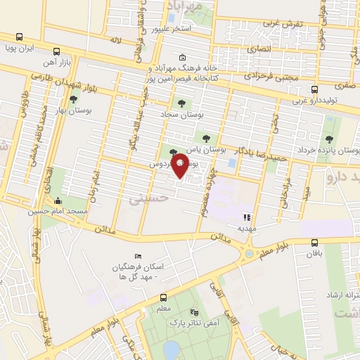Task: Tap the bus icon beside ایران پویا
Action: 19,37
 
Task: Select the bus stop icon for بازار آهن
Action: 56,51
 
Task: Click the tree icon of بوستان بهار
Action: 73,100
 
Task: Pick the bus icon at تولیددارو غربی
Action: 314,89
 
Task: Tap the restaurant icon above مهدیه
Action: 246,217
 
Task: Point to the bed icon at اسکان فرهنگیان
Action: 137,256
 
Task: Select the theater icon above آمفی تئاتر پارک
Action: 195,311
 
